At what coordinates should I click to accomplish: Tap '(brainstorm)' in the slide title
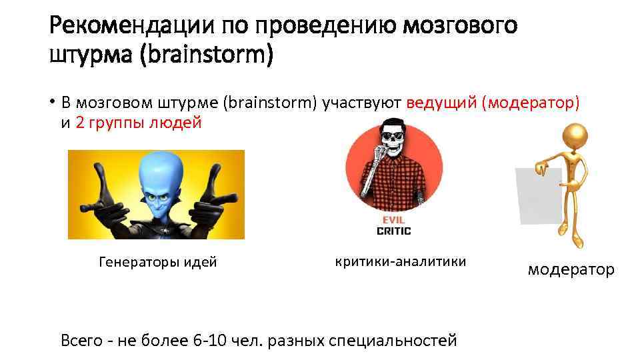coord(207,56)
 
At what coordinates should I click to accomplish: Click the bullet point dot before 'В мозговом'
coord(52,103)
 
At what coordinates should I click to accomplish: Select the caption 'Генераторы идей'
coord(157,262)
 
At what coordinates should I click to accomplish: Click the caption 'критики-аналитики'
coord(400,261)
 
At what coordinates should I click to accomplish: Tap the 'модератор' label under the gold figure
coord(571,269)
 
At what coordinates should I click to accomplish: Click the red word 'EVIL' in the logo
coord(393,219)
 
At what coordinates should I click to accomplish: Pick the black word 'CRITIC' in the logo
coord(393,231)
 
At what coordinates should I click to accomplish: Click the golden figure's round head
coord(575,137)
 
